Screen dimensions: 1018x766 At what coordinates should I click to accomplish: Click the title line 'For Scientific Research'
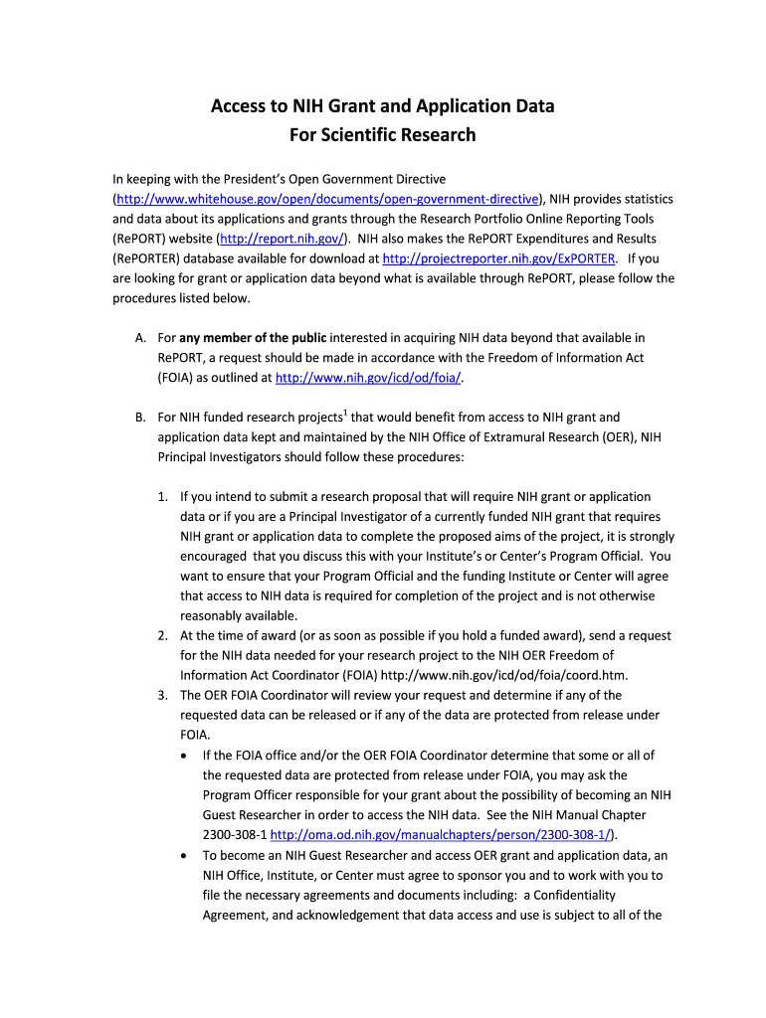click(383, 134)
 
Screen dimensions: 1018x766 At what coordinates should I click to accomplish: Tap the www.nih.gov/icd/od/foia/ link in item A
click(368, 378)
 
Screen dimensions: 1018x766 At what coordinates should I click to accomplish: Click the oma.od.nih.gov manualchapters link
click(443, 834)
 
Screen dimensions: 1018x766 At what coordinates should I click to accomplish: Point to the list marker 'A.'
click(140, 338)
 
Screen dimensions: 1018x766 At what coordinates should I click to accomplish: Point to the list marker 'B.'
click(140, 418)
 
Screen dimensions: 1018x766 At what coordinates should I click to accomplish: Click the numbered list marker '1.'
click(163, 496)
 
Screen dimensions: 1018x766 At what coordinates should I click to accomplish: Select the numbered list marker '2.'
click(163, 635)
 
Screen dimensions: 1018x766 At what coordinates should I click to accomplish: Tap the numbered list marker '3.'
click(163, 695)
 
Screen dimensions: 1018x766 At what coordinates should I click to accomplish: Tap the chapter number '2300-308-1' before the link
click(234, 834)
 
